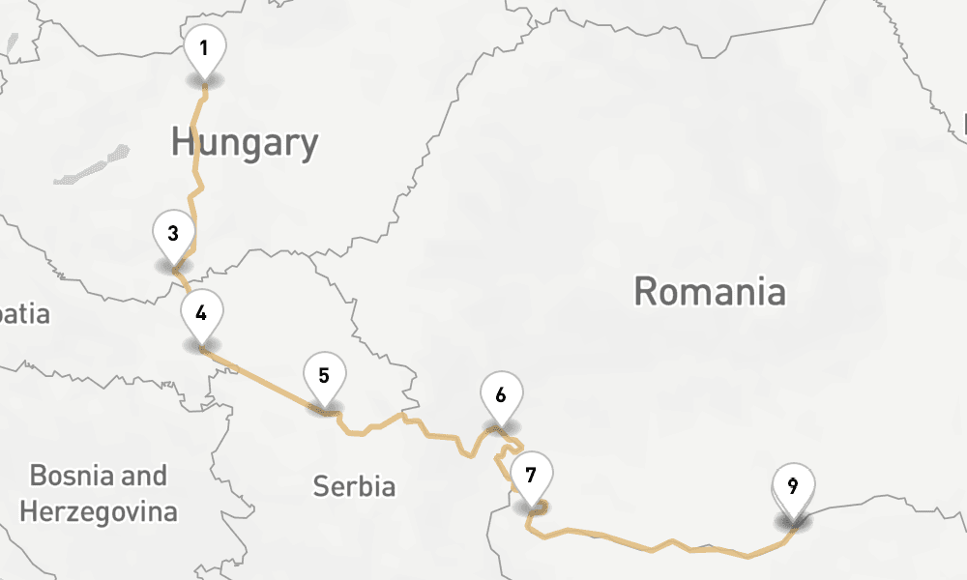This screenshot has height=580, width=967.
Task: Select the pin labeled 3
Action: pyautogui.click(x=173, y=234)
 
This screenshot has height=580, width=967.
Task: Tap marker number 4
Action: pyautogui.click(x=201, y=314)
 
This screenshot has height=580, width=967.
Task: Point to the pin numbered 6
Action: pyautogui.click(x=501, y=395)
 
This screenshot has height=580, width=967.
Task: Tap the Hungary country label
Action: pyautogui.click(x=245, y=143)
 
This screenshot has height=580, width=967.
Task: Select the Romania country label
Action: pyautogui.click(x=710, y=291)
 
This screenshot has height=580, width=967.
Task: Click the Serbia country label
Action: pyautogui.click(x=354, y=486)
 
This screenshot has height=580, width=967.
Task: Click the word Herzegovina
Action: pyautogui.click(x=99, y=510)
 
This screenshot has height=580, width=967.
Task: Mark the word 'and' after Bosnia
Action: pyautogui.click(x=145, y=476)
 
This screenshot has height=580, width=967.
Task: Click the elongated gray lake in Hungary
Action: pyautogui.click(x=92, y=166)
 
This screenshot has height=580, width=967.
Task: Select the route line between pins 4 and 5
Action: pyautogui.click(x=261, y=378)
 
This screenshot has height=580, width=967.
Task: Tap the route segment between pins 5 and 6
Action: pyautogui.click(x=416, y=422)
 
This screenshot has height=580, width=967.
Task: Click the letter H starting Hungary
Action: pyautogui.click(x=181, y=143)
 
